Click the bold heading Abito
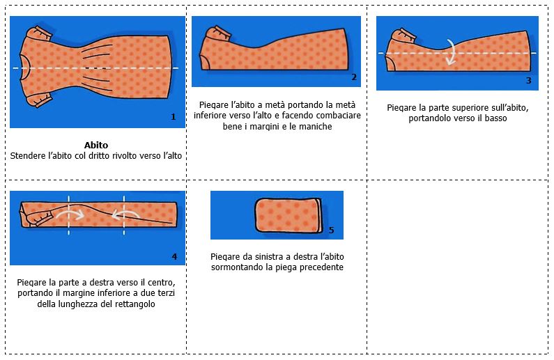pos(96,145)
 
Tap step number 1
pos(173,117)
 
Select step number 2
pos(354,77)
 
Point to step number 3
pos(528,81)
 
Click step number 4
pos(174,256)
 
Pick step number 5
pos(332,230)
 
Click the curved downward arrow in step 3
pos(451,52)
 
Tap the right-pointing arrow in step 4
pos(70,214)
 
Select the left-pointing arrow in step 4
pos(125,214)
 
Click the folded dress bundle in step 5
pos(288,216)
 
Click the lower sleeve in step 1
pos(40,100)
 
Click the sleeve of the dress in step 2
pos(217,35)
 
